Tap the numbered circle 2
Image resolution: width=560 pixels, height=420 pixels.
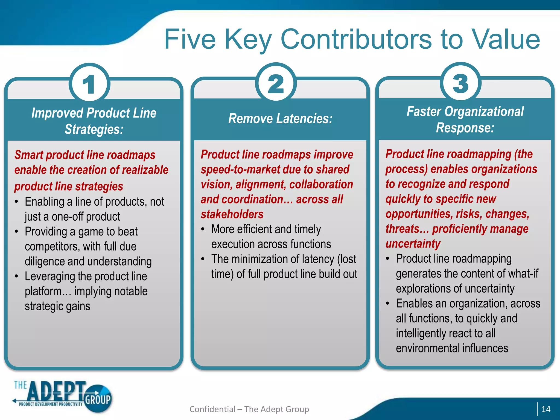coord(276,83)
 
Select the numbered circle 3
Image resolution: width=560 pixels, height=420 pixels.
coord(461,83)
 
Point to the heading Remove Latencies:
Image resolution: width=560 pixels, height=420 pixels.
coord(280,119)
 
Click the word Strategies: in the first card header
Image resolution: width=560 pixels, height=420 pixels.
coord(94,129)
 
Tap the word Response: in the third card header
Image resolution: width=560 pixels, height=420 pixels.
coord(465,128)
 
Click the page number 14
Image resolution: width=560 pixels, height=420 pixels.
coord(546,409)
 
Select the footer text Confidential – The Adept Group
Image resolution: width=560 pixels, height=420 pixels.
coord(249,409)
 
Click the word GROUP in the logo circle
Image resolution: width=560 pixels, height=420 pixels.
coord(98,399)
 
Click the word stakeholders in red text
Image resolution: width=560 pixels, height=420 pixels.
coord(232,214)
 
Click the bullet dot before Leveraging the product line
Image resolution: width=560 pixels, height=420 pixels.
coord(17,276)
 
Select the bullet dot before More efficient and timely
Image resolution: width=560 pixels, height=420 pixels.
coord(203,229)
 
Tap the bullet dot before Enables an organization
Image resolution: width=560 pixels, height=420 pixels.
coord(387,304)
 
